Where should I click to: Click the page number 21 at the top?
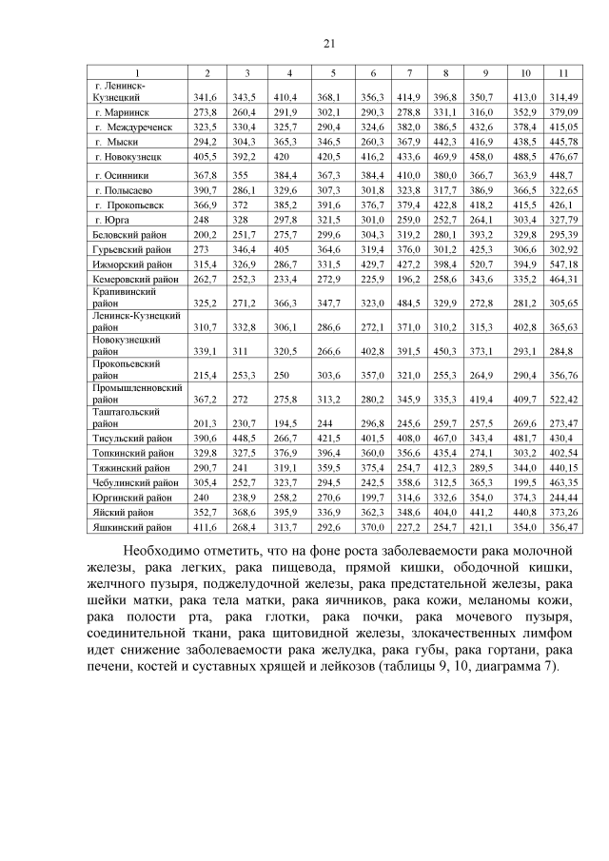coord(330,43)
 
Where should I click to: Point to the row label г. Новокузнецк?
coord(127,155)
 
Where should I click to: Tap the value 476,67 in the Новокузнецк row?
coord(563,155)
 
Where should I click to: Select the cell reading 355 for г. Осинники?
coord(246,176)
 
